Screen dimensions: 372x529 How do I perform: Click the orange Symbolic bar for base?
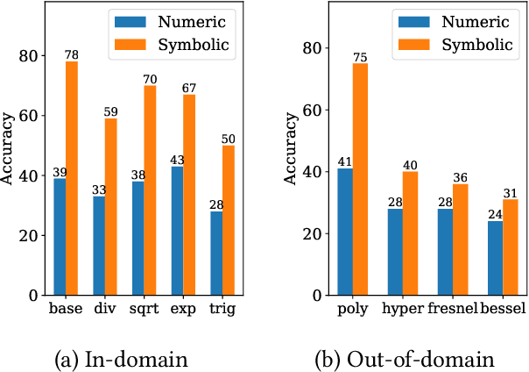click(x=71, y=179)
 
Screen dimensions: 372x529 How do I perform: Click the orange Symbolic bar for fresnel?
click(x=460, y=241)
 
